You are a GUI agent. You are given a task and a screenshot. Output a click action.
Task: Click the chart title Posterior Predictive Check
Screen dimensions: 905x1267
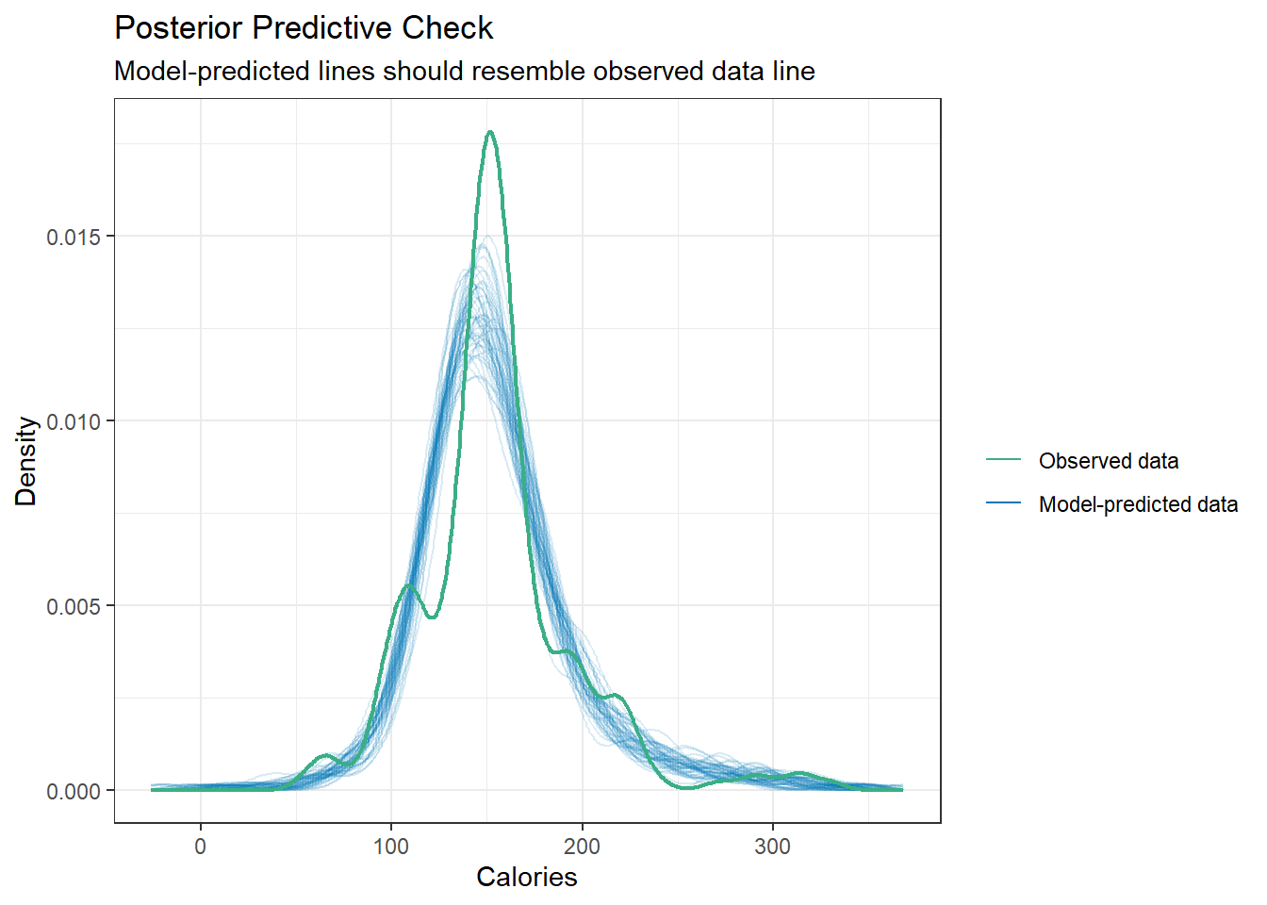click(303, 28)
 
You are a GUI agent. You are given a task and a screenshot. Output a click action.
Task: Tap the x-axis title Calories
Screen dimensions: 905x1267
click(526, 877)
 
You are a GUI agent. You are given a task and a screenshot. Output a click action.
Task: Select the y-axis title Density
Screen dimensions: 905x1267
click(26, 461)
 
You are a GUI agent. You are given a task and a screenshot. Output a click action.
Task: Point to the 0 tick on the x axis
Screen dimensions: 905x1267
click(200, 847)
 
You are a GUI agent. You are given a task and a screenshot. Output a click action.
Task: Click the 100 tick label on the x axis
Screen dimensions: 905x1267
click(391, 847)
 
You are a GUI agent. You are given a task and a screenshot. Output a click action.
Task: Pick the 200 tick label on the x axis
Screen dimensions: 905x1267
click(582, 847)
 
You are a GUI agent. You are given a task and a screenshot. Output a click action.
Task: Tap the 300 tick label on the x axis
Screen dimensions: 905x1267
click(772, 847)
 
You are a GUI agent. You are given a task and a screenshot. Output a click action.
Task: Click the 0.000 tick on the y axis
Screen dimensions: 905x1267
click(73, 792)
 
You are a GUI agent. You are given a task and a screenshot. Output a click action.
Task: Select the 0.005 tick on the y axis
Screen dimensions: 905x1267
click(73, 606)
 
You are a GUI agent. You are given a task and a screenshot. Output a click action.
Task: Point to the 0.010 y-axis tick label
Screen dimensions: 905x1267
click(73, 421)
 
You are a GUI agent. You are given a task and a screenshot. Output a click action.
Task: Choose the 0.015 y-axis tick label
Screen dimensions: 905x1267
click(73, 237)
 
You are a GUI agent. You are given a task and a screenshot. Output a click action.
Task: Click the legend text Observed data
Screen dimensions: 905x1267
click(1108, 461)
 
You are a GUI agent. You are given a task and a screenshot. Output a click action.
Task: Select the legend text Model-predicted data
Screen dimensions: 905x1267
click(1138, 504)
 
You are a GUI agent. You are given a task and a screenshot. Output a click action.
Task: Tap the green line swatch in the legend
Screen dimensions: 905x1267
click(1003, 460)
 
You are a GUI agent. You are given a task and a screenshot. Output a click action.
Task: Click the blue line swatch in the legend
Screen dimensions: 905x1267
click(1003, 503)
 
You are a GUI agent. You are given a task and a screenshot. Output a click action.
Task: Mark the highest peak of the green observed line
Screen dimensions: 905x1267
click(490, 132)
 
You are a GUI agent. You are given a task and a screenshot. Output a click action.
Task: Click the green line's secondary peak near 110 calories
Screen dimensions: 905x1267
click(408, 585)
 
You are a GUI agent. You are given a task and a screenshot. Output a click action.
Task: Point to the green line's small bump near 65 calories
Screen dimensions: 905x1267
click(325, 755)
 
